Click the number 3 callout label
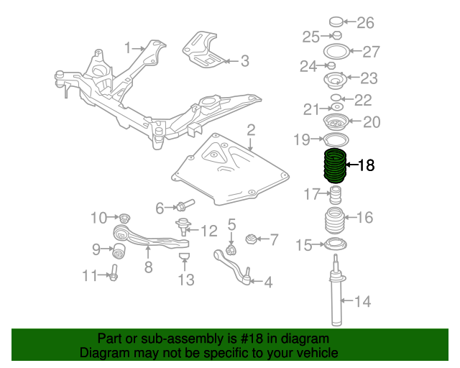(x=244, y=62)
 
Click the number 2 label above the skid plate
(x=251, y=130)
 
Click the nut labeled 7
(x=251, y=239)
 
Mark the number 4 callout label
(x=268, y=282)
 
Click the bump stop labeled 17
(x=334, y=193)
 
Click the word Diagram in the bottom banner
(x=101, y=353)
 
